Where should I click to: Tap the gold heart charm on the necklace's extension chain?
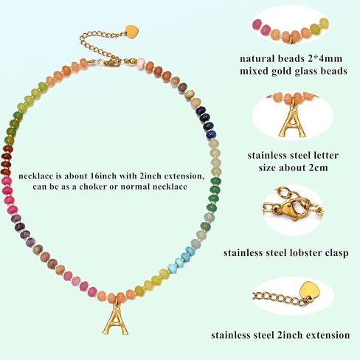pos(132,32)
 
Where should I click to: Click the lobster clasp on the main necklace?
pos(112,62)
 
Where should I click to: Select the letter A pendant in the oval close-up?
pos(292,122)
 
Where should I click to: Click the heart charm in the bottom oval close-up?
pos(310,291)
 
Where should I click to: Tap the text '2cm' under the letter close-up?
pos(319,168)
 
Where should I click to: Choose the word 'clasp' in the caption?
pos(337,253)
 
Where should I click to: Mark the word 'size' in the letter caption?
pos(267,168)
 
